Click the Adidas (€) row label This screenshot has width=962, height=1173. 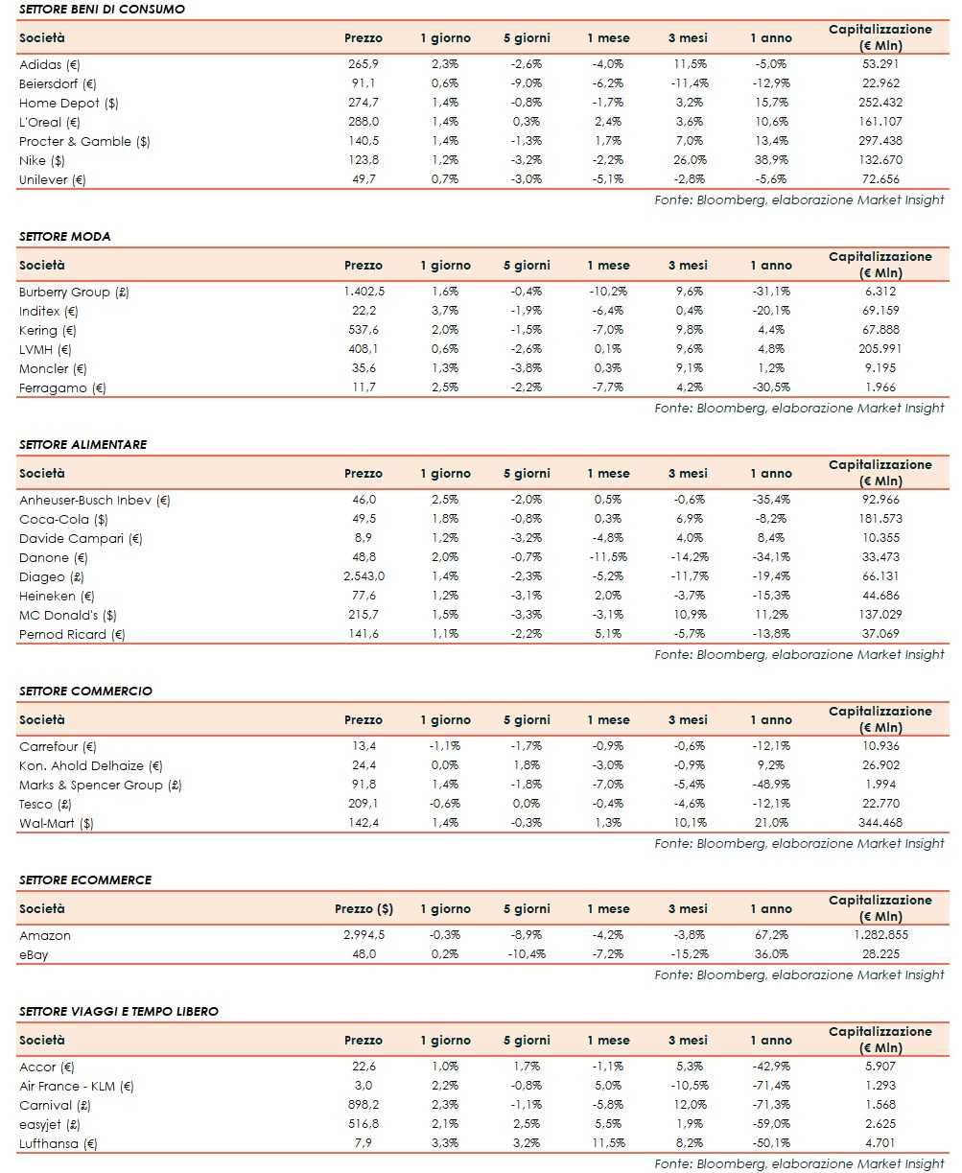click(x=50, y=65)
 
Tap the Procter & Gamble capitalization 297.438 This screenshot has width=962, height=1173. click(x=880, y=142)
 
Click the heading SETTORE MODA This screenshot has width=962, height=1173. click(x=64, y=237)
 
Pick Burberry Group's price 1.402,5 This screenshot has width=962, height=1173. click(x=363, y=293)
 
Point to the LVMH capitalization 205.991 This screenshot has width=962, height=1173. click(x=880, y=350)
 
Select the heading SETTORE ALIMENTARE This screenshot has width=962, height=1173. click(x=82, y=445)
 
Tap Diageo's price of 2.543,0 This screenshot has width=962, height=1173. click(x=363, y=577)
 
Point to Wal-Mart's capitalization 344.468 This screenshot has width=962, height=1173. click(x=880, y=824)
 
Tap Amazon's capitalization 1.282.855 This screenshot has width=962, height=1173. click(x=880, y=936)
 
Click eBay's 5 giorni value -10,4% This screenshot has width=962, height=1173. click(x=527, y=955)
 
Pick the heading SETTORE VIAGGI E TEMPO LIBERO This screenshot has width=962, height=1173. click(x=119, y=1012)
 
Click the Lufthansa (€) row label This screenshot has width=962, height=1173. click(x=59, y=1144)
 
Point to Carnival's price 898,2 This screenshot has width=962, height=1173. click(x=363, y=1106)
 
